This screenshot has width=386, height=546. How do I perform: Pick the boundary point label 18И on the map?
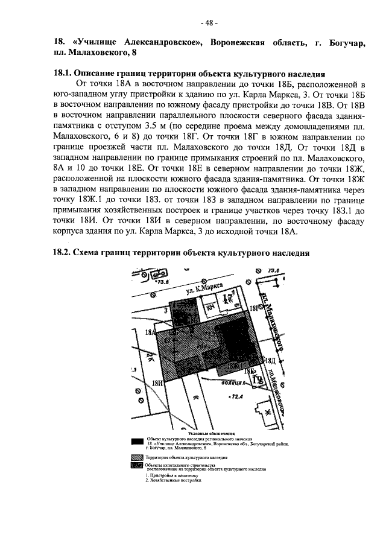(157, 383)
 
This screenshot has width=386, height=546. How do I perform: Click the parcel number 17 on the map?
(227, 299)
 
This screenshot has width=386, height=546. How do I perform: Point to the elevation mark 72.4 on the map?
(229, 397)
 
